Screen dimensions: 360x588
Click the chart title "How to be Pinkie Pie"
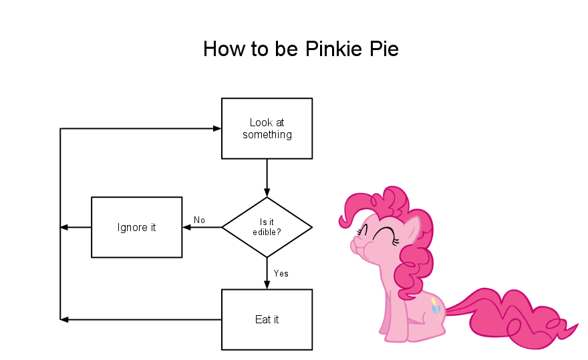(x=301, y=49)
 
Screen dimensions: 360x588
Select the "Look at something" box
(x=267, y=128)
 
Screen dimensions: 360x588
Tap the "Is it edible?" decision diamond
(x=267, y=227)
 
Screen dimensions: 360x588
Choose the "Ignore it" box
(x=136, y=227)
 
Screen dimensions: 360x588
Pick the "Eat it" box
(x=267, y=319)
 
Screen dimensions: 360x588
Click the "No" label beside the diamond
(x=199, y=220)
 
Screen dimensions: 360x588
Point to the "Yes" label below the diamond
(x=281, y=273)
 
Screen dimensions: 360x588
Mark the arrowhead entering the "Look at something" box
(x=216, y=128)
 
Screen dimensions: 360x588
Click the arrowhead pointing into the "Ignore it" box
(x=186, y=227)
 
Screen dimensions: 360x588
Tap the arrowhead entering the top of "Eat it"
(x=267, y=285)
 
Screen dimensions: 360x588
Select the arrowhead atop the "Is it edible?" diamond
(x=267, y=192)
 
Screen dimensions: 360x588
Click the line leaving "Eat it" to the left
(x=140, y=319)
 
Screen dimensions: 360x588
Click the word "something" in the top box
(x=267, y=135)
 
